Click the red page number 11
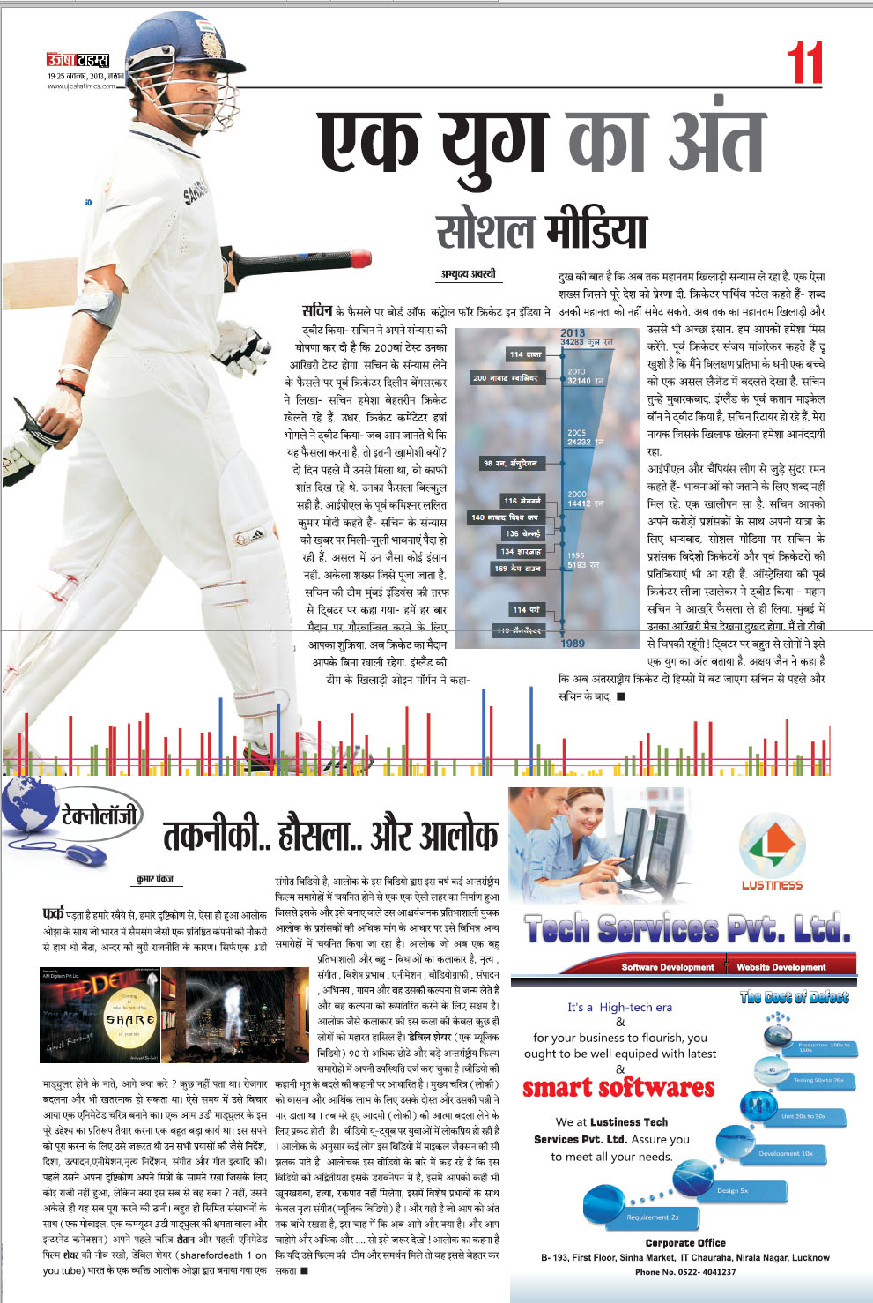click(805, 63)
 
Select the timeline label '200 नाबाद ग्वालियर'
click(505, 378)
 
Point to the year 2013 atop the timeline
click(573, 333)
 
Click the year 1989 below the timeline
click(573, 644)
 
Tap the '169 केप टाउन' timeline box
click(517, 570)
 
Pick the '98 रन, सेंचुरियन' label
click(509, 464)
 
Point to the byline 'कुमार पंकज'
click(155, 880)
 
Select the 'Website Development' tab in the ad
click(781, 967)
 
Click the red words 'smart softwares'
click(618, 1088)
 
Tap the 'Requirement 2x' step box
click(653, 1217)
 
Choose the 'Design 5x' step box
click(732, 1190)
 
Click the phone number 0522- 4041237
click(685, 1272)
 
